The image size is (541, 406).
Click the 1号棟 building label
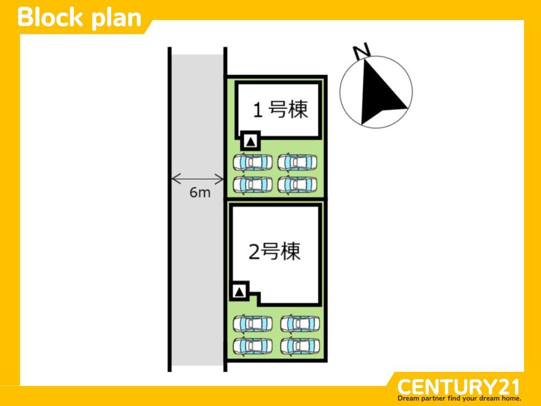click(x=280, y=110)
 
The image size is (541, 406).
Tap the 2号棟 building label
click(x=274, y=252)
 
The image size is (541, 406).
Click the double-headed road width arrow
click(x=197, y=179)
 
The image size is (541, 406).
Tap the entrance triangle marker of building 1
click(x=250, y=141)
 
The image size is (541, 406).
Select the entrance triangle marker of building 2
click(x=239, y=291)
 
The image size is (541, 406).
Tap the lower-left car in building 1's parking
click(x=252, y=184)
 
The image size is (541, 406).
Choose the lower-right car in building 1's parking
click(x=298, y=184)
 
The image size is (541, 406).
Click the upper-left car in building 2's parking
click(x=253, y=323)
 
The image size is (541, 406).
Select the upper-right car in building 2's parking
click(x=300, y=323)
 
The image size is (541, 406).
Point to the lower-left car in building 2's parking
click(x=253, y=346)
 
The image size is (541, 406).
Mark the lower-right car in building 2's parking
click(x=300, y=346)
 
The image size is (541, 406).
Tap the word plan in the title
click(x=116, y=18)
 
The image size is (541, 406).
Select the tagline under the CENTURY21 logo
click(x=459, y=398)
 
